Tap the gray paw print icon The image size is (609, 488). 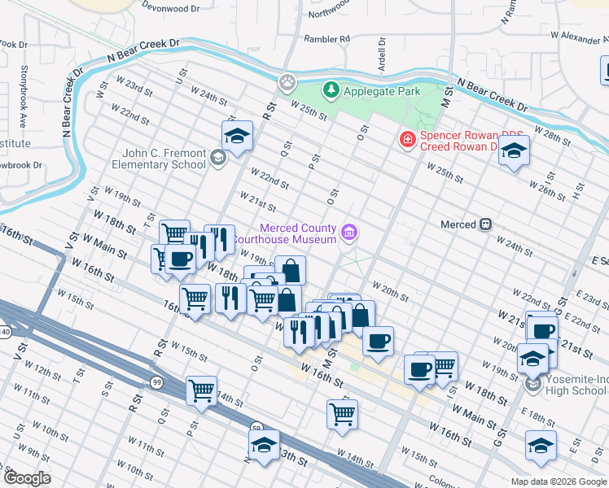pos(287,81)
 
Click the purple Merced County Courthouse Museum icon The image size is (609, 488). pos(349,233)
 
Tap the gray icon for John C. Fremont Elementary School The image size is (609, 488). pos(217,157)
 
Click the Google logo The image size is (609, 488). pos(26,478)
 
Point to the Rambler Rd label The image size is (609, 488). pos(326,38)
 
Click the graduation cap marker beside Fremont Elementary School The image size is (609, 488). pos(237,136)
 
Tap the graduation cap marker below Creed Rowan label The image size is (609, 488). pos(514,150)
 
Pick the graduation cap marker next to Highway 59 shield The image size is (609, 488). pos(264,446)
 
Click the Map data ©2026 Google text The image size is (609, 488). pos(557,481)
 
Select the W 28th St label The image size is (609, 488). pos(559,133)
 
